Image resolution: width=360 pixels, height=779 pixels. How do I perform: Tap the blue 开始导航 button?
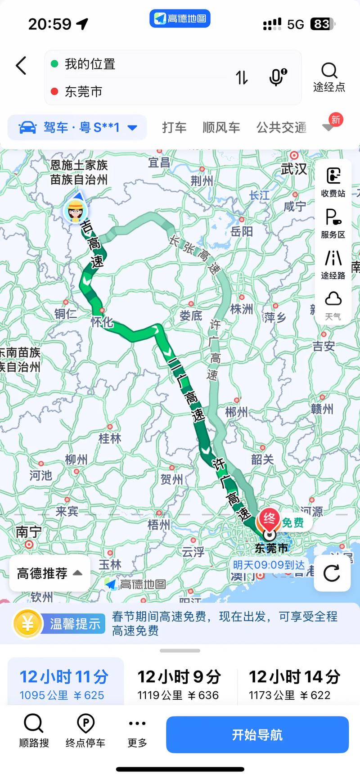tap(257, 734)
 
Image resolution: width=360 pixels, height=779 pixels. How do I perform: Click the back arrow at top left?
tap(21, 66)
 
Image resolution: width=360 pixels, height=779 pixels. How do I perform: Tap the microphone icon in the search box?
tap(278, 77)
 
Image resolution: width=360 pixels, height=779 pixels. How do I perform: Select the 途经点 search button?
tap(329, 77)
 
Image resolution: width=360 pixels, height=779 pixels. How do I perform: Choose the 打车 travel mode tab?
tap(174, 128)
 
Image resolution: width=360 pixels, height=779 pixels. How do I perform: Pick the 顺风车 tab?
tap(221, 128)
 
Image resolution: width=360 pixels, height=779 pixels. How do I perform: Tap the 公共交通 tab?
tap(281, 128)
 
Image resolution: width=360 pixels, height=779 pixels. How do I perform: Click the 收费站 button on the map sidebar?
tap(333, 182)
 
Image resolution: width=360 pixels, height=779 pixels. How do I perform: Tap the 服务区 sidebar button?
tap(333, 223)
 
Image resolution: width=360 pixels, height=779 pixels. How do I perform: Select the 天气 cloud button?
tap(333, 305)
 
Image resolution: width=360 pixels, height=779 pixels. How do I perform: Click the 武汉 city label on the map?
tap(294, 169)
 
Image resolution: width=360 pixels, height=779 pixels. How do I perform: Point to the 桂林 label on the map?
tap(110, 438)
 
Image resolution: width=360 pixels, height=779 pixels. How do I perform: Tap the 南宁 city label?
tap(28, 532)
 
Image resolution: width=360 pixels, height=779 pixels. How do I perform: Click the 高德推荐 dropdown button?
tap(49, 573)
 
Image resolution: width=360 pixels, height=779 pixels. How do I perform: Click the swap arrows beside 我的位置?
tap(242, 77)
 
